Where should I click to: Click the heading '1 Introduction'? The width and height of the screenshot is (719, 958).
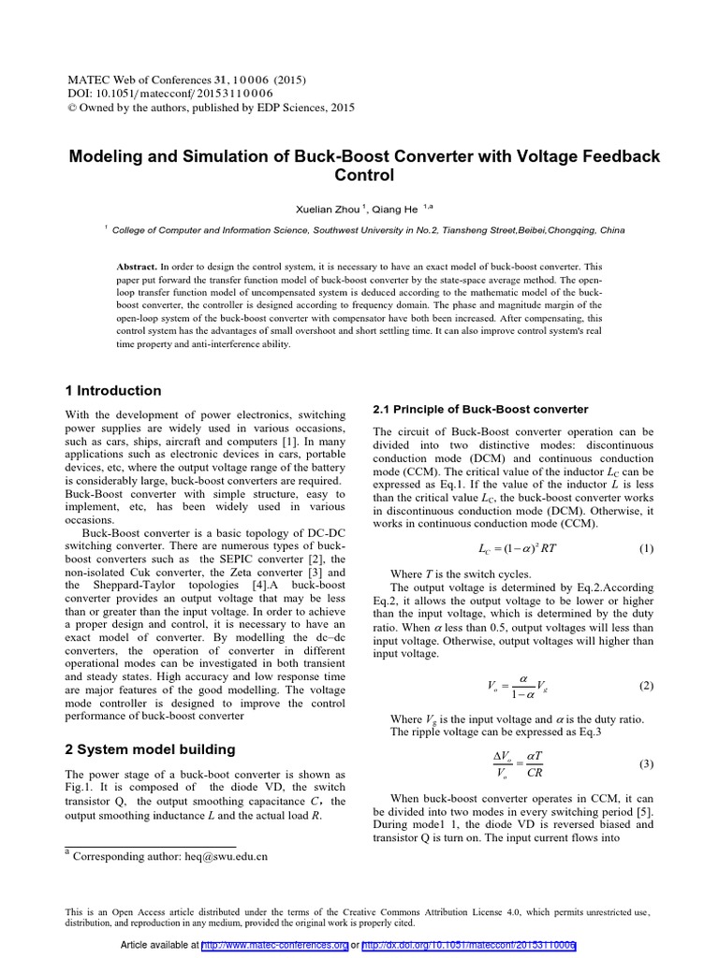(112, 391)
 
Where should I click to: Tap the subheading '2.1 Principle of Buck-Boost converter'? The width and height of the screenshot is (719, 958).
(480, 410)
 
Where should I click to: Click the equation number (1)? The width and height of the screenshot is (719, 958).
(646, 548)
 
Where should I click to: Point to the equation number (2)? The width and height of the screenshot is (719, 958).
(646, 686)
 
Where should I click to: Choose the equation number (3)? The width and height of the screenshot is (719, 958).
(646, 764)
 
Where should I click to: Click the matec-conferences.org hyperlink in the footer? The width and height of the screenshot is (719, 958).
(274, 946)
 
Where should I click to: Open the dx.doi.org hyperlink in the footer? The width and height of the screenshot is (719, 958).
(468, 946)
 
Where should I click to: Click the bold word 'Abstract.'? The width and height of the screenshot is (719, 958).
(138, 266)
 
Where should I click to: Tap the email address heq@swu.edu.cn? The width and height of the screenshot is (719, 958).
(217, 855)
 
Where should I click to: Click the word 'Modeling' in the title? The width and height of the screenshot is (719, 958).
(105, 155)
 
